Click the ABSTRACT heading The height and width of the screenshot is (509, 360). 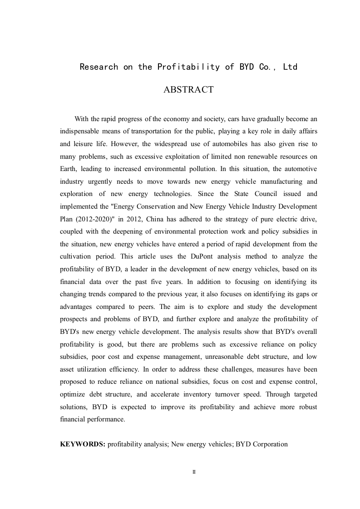pos(188,90)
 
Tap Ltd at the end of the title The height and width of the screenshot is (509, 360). pos(290,67)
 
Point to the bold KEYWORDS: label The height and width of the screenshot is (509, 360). pos(83,444)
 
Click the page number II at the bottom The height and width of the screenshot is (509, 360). pos(194,472)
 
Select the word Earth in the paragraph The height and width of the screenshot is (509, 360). pos(69,169)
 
